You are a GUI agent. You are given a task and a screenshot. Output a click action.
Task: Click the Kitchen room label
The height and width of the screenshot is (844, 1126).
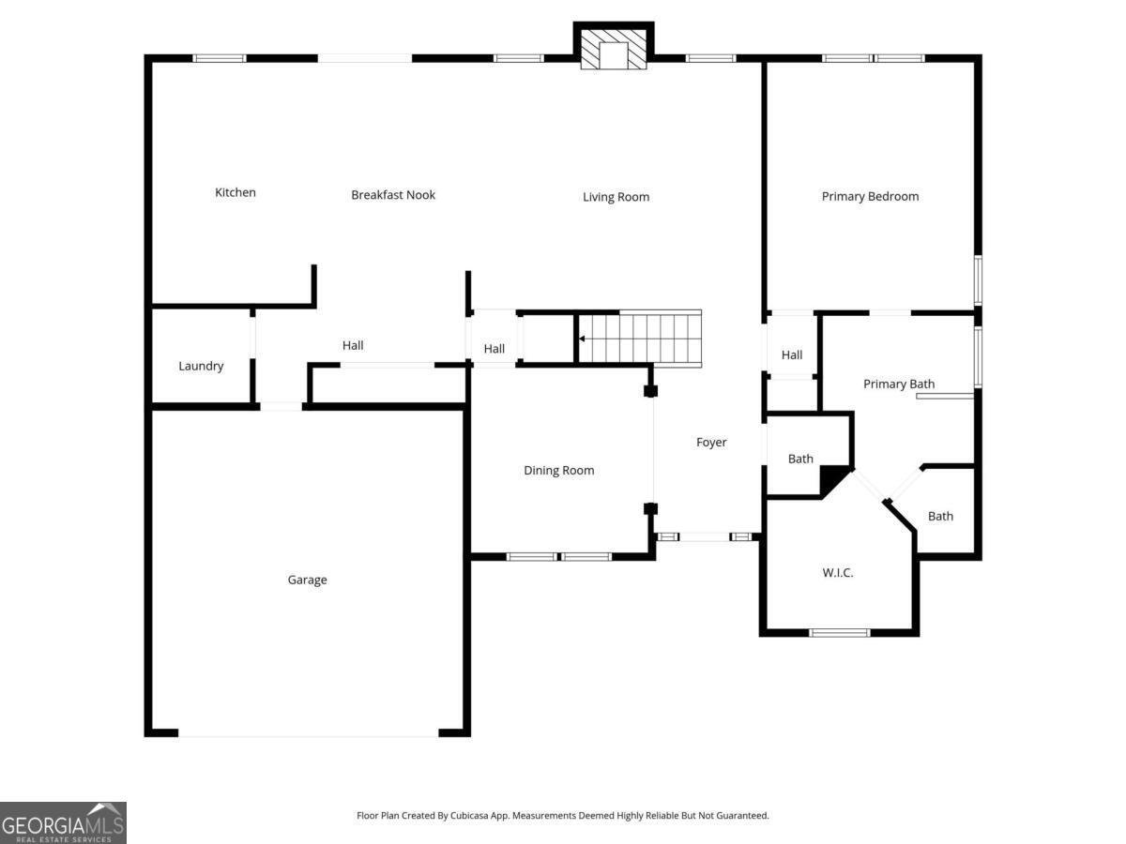[x=235, y=192]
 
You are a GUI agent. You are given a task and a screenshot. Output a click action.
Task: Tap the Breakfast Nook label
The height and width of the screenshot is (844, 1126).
[x=393, y=195]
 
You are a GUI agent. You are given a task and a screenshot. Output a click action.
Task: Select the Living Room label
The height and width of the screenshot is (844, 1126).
[x=616, y=197]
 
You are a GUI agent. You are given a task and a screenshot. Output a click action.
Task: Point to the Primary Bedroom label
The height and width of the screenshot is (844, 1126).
[x=870, y=196]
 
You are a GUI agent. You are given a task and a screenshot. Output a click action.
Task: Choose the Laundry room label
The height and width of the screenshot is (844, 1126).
[x=201, y=366]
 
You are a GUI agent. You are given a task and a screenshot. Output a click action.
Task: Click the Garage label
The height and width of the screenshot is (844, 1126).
[x=307, y=580]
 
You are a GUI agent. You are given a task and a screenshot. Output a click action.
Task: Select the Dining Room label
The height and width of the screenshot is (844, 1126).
[x=558, y=471]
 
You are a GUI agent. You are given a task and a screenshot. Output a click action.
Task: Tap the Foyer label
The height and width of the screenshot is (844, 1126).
[x=711, y=443]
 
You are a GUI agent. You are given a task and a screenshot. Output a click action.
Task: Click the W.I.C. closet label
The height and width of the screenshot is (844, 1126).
[x=838, y=572]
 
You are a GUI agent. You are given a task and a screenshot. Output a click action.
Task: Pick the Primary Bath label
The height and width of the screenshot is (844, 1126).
[x=898, y=384]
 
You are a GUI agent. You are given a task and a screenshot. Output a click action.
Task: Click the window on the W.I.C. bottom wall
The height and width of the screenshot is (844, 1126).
[x=840, y=633]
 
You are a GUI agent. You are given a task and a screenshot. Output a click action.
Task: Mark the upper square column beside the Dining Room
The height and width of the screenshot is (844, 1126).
[x=650, y=391]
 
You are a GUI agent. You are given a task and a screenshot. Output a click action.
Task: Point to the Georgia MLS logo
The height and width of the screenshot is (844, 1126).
[x=63, y=822]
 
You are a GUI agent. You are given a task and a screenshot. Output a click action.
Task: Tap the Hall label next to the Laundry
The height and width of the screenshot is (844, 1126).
[x=353, y=345]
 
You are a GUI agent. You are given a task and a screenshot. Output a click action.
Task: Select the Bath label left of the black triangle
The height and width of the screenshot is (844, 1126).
[x=800, y=459]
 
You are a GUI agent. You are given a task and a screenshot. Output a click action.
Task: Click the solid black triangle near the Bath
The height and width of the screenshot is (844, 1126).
[x=831, y=480]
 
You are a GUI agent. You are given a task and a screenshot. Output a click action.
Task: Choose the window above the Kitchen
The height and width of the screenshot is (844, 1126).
[x=220, y=58]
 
